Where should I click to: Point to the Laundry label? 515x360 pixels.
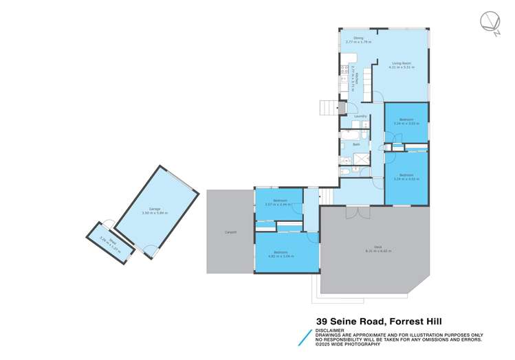point(360,117)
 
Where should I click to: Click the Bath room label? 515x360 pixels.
point(356,144)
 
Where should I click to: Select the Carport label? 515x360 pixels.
point(230,232)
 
